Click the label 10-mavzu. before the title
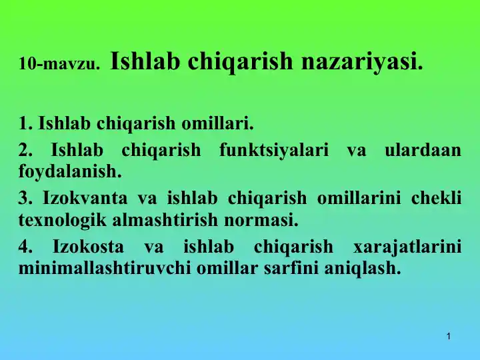(x=59, y=65)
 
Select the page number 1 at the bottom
(x=449, y=337)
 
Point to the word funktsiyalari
(x=274, y=150)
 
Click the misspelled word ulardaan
(x=423, y=150)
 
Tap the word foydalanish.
(x=71, y=171)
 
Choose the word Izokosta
(x=88, y=246)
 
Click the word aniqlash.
(x=367, y=268)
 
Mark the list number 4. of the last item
(x=26, y=246)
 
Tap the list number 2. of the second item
(x=26, y=150)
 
